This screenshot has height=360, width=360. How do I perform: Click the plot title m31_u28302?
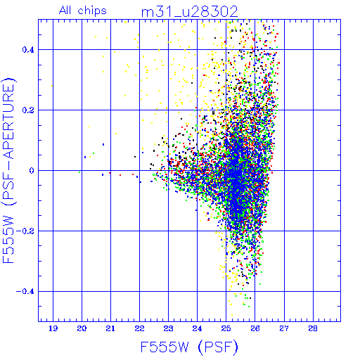190,12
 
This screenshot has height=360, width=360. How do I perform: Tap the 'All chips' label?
83,11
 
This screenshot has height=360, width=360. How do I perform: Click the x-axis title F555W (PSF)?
189,347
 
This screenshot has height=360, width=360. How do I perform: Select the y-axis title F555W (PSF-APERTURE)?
8,171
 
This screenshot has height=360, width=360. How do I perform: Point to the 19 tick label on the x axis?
53,328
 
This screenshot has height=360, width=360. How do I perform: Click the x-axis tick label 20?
82,328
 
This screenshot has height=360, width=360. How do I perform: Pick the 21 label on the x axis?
110,328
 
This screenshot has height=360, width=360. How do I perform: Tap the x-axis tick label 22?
139,328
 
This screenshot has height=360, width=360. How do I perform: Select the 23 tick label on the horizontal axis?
168,328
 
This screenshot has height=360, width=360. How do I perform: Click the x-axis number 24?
197,328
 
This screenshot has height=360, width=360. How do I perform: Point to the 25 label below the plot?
226,328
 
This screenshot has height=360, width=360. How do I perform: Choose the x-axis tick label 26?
255,328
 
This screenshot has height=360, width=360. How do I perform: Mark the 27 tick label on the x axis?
284,328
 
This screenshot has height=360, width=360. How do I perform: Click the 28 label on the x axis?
313,328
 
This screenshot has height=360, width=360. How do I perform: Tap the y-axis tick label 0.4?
28,50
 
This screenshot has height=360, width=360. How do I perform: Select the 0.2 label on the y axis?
28,110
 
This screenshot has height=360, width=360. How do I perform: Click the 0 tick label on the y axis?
32,171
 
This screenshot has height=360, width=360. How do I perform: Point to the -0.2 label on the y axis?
25,231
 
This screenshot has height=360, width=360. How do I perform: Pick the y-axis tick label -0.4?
25,292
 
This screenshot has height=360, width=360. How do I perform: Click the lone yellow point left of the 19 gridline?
52,86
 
